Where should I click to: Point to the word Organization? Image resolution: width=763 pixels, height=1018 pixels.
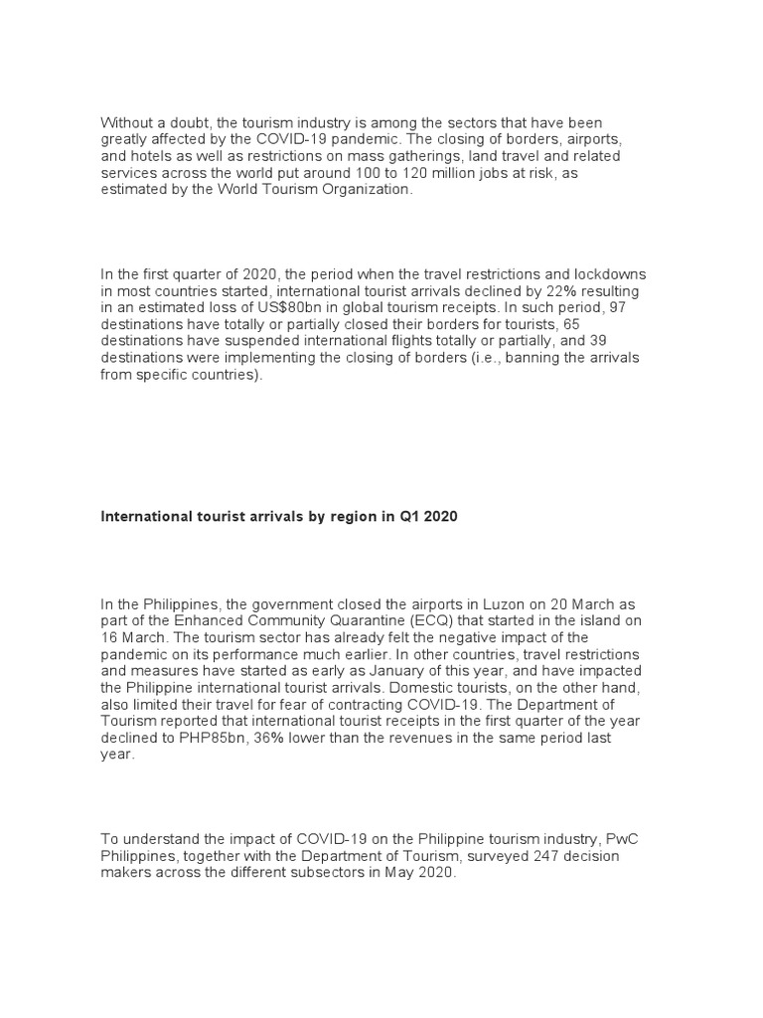click(364, 189)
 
